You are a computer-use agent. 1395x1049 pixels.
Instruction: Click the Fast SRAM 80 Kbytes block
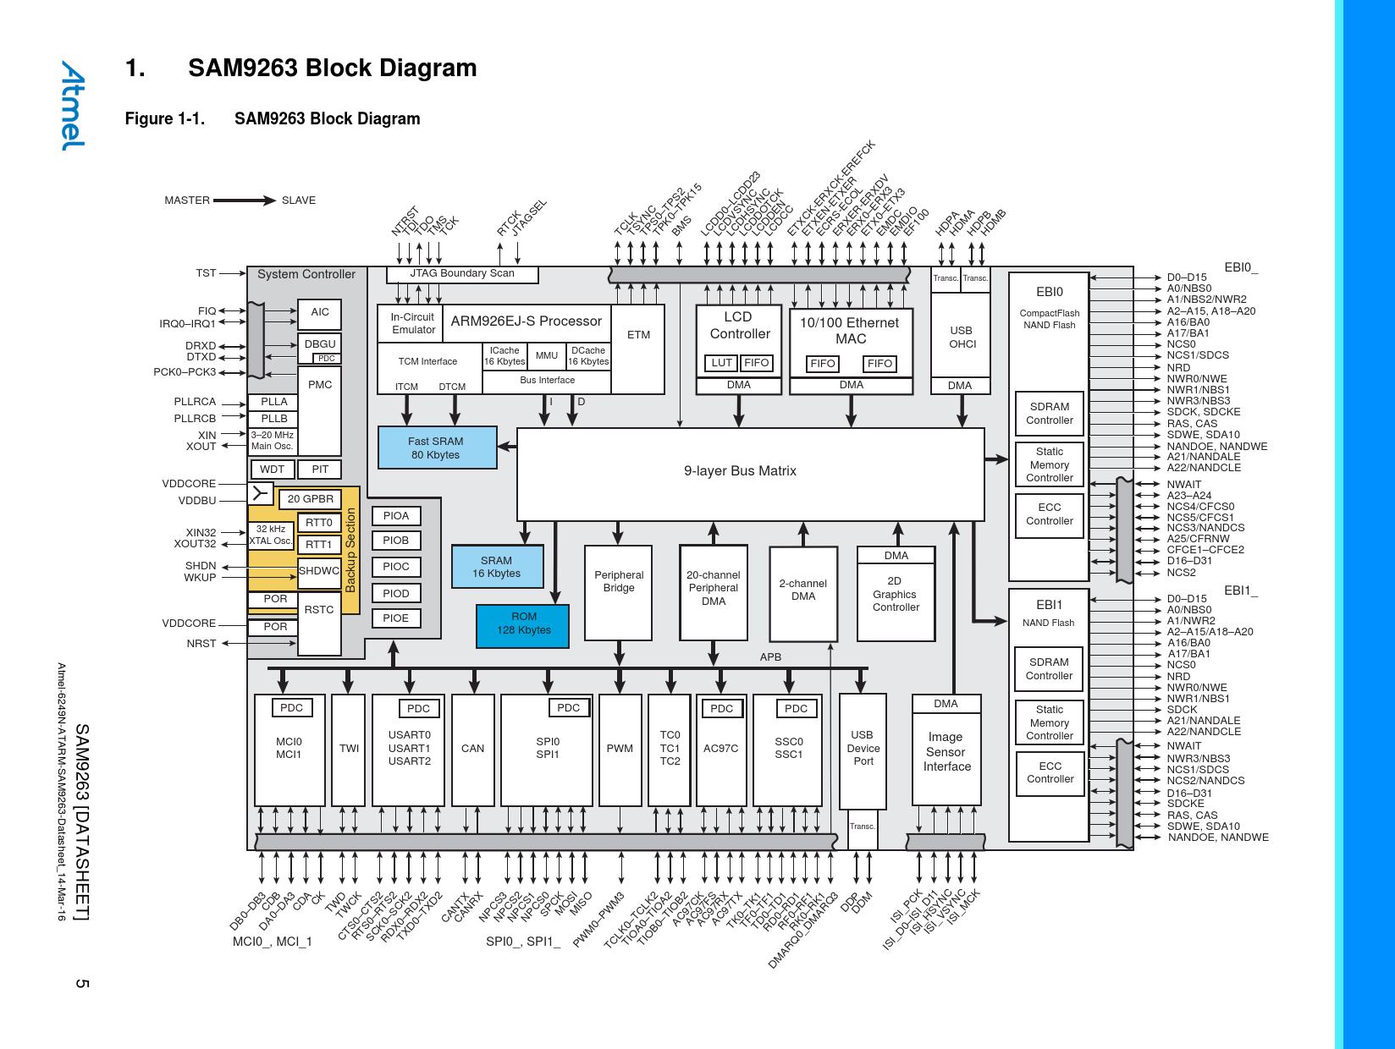(436, 448)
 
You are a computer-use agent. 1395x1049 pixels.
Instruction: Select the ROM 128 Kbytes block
(523, 623)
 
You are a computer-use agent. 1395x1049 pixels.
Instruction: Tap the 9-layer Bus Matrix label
(740, 471)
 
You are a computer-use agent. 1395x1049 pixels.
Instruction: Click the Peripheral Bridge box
(618, 592)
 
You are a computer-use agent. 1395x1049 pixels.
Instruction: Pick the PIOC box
(395, 567)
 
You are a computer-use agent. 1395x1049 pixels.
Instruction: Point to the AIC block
(319, 313)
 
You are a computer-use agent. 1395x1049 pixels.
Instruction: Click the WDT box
(272, 470)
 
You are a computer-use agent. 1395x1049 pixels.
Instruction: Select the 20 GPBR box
(310, 499)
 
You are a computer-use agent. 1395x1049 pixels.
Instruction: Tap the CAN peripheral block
(472, 749)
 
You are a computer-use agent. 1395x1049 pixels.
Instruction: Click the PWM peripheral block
(620, 749)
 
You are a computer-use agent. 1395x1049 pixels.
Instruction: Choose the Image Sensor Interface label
(946, 751)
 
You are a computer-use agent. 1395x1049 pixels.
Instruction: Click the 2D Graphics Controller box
(896, 594)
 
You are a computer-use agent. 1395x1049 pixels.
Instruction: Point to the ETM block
(638, 336)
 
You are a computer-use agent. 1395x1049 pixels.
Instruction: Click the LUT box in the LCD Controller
(721, 363)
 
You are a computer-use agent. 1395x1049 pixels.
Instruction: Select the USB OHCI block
(962, 338)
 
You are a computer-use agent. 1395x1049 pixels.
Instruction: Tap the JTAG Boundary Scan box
(462, 273)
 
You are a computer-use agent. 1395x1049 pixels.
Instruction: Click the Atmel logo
(73, 106)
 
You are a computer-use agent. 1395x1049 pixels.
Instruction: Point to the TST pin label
(206, 273)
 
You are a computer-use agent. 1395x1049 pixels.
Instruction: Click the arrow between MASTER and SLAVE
(245, 200)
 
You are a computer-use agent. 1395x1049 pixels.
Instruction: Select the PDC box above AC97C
(721, 709)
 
